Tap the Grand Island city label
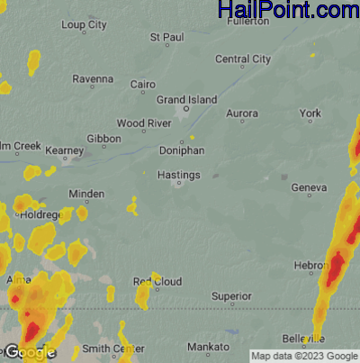point(187,99)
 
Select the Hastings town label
point(178,175)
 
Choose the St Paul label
point(166,38)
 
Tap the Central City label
point(243,59)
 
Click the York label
point(310,113)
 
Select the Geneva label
point(309,187)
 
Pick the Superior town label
point(230,295)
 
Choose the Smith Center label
point(113,349)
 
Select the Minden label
point(86,194)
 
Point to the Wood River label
point(144,123)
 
